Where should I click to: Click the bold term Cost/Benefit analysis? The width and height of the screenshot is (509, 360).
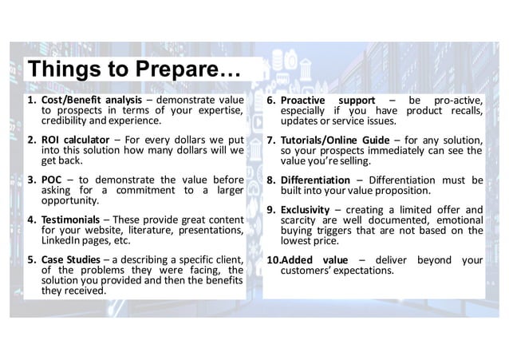point(92,100)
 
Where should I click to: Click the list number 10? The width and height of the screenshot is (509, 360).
point(271,259)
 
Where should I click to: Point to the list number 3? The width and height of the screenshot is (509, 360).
point(31,180)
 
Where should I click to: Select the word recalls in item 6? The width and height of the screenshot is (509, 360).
point(464,111)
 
